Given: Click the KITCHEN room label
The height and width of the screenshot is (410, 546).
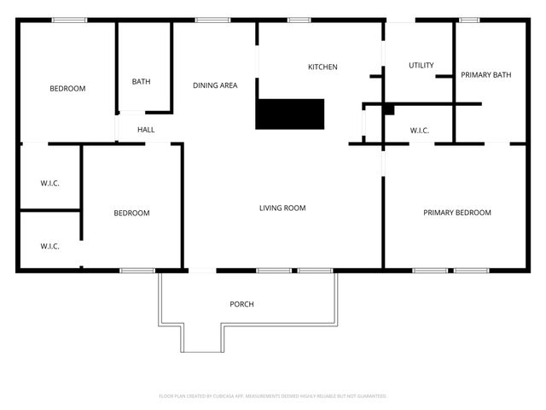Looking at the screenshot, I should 322,67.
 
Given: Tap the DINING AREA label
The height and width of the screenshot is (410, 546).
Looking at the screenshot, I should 215,85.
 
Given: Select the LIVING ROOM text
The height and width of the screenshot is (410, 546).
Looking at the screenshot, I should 282,208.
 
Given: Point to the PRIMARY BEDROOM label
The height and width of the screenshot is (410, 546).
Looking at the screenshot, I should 457,213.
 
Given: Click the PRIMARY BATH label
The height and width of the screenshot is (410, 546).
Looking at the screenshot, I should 485,75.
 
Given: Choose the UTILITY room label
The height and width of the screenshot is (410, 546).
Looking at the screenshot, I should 421,66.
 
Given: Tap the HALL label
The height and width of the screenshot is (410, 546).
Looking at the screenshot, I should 147,130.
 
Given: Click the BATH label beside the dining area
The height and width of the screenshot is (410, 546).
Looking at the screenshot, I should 141,82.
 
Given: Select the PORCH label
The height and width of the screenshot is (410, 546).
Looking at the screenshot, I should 241,304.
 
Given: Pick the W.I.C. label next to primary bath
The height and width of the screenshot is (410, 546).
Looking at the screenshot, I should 419,131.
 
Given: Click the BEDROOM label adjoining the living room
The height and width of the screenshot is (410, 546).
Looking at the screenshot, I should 131,214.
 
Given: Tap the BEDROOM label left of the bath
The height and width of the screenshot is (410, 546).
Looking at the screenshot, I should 67,89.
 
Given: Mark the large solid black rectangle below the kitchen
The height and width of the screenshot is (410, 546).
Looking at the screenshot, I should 290,114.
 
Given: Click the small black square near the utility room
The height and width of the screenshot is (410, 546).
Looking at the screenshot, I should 388,109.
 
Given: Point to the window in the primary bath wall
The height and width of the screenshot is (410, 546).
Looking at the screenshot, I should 469,20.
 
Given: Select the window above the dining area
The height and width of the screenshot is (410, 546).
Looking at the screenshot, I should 207,20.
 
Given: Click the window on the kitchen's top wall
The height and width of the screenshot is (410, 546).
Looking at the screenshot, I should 298,20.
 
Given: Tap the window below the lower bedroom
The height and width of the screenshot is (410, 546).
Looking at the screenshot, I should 136,271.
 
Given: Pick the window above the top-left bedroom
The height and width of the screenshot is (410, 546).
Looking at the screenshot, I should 69,20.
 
